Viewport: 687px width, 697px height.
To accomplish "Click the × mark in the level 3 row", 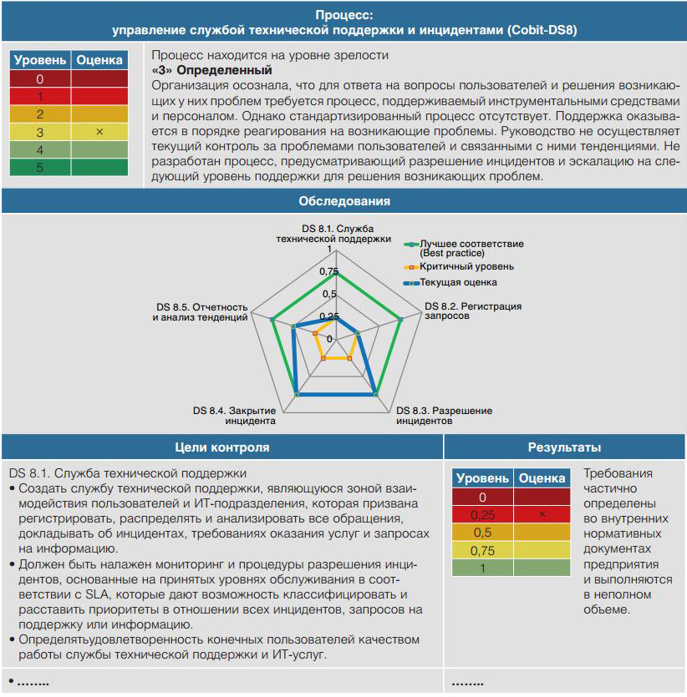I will coord(99,132).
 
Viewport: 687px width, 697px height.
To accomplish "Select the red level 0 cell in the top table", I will coord(40,79).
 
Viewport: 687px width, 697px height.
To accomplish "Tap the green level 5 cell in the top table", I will coord(40,167).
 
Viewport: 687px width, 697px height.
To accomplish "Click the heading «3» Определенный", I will coord(212,71).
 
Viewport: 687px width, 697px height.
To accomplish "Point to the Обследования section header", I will coord(343,201).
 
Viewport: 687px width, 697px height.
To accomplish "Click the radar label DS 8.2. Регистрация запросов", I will coord(473,311).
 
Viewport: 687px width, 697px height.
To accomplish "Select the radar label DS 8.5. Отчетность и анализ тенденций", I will coord(201,312).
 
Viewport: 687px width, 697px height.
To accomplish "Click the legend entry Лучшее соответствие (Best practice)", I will coord(471,247).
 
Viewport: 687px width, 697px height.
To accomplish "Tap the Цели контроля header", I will coord(221,447).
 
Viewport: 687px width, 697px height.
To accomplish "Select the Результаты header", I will coord(565,447).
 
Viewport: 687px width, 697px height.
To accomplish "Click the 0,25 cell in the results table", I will coord(482,514).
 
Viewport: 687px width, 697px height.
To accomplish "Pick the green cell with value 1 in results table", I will coord(482,568).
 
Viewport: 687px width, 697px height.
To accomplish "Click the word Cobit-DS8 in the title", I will coord(542,30).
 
